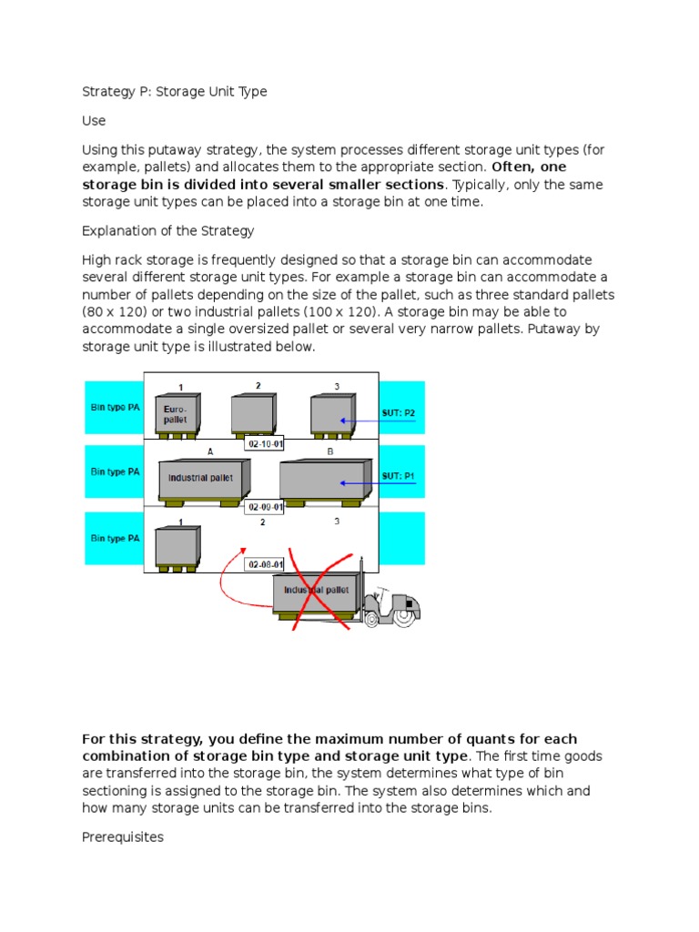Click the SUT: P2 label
tap(399, 412)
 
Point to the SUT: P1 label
tap(399, 475)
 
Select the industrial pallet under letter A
tap(200, 480)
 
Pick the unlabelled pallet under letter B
tap(325, 481)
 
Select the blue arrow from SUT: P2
tap(377, 420)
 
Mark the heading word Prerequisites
tap(123, 836)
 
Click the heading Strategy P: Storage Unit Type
tap(175, 91)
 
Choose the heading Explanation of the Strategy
tap(168, 230)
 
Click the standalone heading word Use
tap(94, 120)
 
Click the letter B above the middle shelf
tap(329, 451)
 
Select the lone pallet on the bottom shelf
tap(177, 548)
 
